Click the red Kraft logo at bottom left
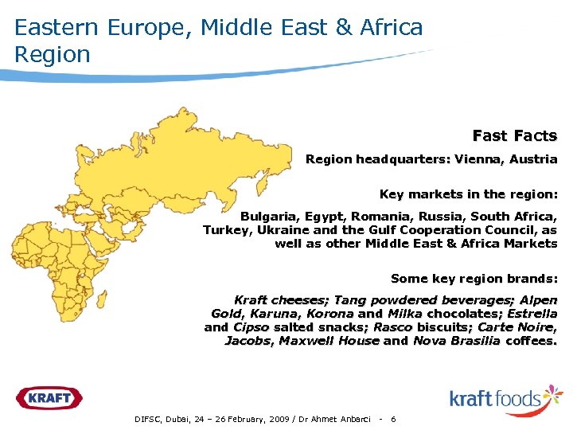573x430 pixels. pyautogui.click(x=49, y=397)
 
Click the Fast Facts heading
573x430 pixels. pyautogui.click(x=515, y=136)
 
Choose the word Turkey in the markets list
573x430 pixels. pyautogui.click(x=224, y=230)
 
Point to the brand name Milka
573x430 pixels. pyautogui.click(x=405, y=314)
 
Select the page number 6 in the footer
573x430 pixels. pyautogui.click(x=394, y=419)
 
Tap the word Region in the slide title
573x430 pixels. pyautogui.click(x=53, y=55)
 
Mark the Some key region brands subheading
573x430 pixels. pyautogui.click(x=474, y=279)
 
